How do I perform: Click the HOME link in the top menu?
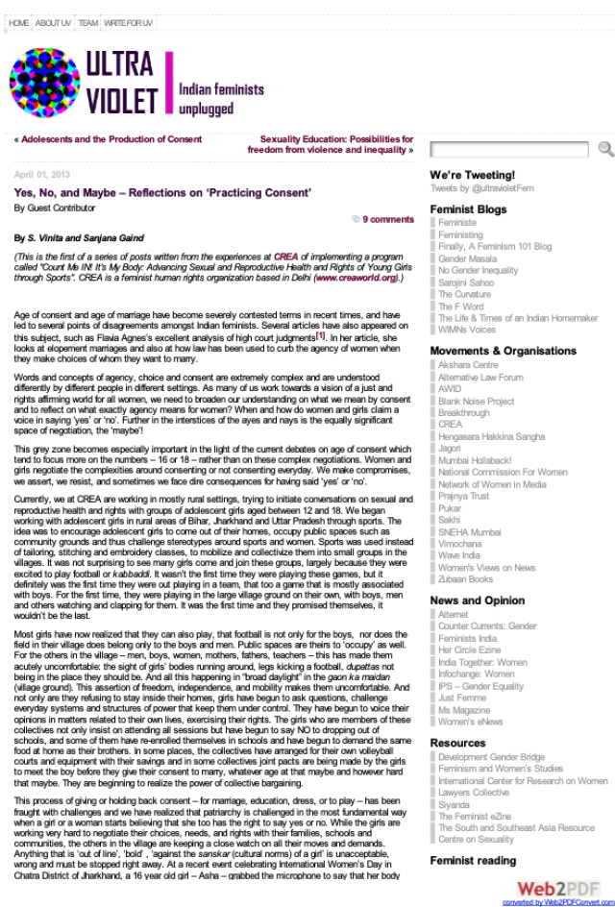18,22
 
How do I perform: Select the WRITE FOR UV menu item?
128,22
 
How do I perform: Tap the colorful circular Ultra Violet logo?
43,82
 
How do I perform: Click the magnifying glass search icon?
605,148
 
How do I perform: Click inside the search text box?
508,149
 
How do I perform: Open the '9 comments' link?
388,219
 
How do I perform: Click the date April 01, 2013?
42,175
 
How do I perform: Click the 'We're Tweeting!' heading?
472,175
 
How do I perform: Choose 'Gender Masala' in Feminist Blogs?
467,259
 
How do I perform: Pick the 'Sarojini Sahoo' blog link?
466,283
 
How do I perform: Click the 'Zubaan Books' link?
465,579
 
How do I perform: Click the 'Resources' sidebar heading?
457,743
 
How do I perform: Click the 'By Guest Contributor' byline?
55,208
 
